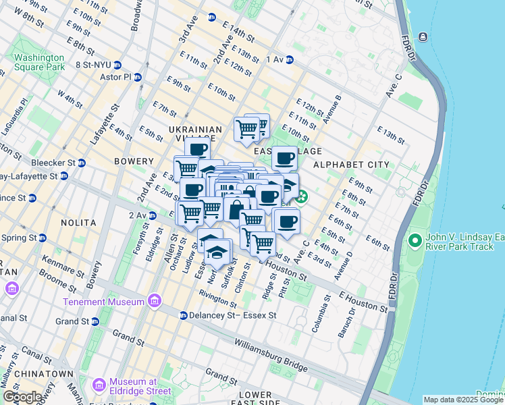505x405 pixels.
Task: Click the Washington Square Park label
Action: pos(39,62)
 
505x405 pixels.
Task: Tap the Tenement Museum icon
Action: pos(154,300)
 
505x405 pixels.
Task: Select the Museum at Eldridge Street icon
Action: pos(99,385)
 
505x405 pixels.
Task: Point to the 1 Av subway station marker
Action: pos(289,60)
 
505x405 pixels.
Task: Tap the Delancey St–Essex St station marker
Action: pos(183,315)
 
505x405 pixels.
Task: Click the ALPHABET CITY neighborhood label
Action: pos(351,164)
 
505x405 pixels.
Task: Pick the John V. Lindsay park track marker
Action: pos(415,240)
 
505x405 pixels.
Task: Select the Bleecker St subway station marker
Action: pos(82,163)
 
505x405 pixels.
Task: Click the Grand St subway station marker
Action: pos(95,321)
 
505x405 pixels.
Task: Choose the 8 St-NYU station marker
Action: pos(117,65)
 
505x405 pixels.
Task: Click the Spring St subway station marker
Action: pos(42,238)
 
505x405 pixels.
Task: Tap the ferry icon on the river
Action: pos(423,36)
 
